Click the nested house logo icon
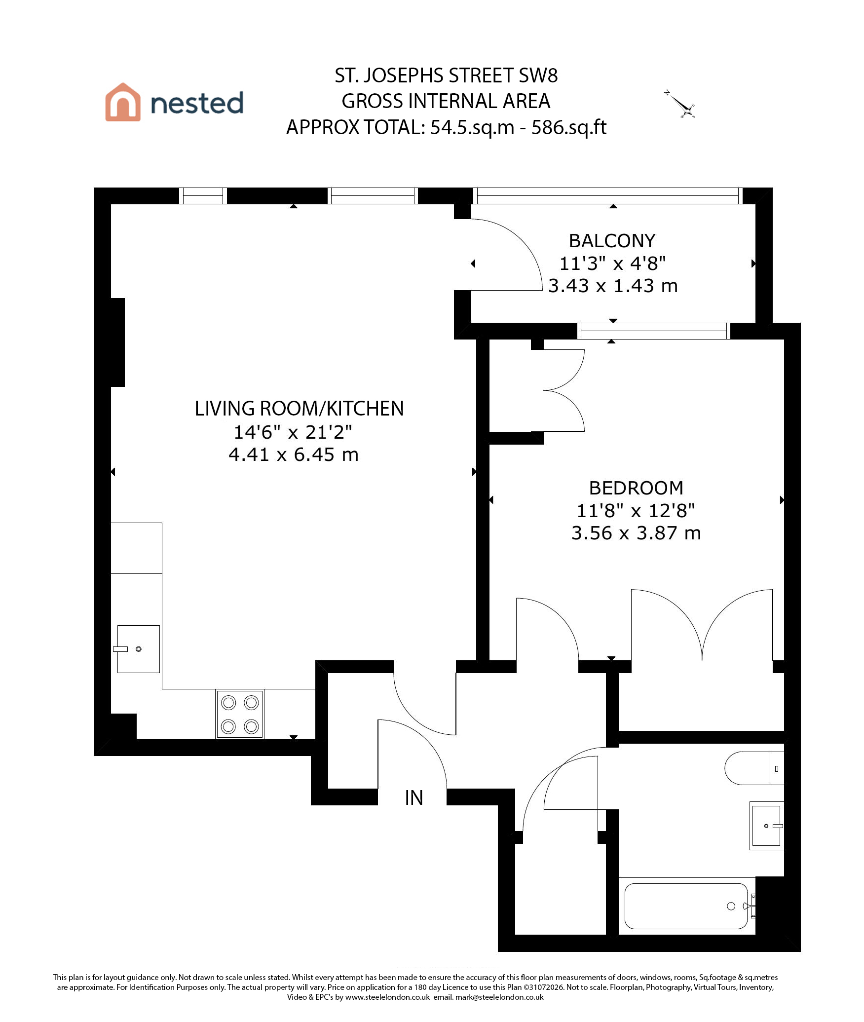point(122,102)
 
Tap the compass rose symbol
point(680,105)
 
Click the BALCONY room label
point(612,241)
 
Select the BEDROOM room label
point(636,488)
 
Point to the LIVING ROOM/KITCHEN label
point(299,409)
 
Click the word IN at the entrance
point(414,798)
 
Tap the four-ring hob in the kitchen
point(240,715)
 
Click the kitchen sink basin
point(138,649)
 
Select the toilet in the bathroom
point(754,768)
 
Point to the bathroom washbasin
point(766,826)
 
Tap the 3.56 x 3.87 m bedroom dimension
point(636,533)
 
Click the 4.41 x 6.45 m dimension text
point(294,454)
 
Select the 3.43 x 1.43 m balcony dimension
point(613,286)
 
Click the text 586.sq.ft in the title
point(569,127)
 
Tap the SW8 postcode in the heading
point(538,76)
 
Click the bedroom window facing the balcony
point(654,331)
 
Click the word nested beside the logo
point(197,103)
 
